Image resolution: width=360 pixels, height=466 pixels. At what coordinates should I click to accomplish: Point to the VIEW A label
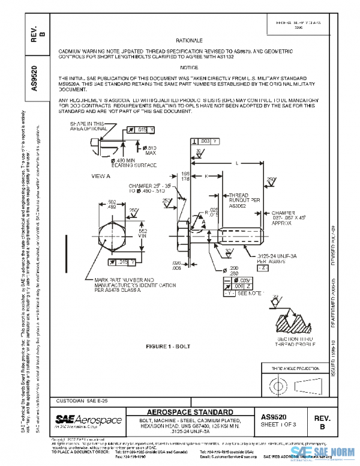point(100,176)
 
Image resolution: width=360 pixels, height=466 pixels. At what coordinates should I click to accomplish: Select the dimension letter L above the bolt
point(239,163)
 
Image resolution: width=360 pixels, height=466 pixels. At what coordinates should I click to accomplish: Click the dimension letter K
point(206,176)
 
